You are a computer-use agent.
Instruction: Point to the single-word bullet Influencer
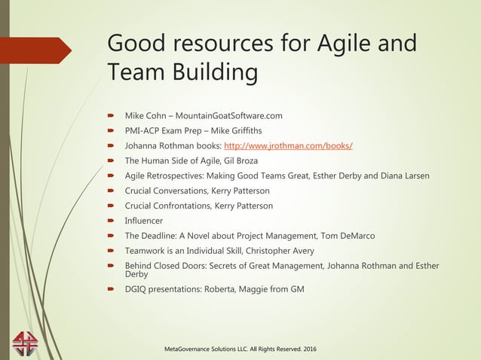click(143, 221)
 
